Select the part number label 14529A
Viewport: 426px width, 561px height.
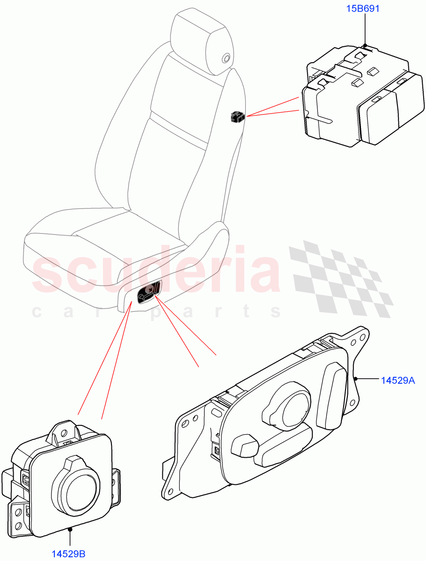click(398, 381)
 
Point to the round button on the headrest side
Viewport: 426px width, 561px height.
click(226, 58)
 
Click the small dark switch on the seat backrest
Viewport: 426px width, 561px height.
click(237, 117)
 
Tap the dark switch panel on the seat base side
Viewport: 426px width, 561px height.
click(149, 293)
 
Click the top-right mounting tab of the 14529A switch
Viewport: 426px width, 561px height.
click(359, 338)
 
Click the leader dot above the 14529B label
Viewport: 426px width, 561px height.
click(70, 529)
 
